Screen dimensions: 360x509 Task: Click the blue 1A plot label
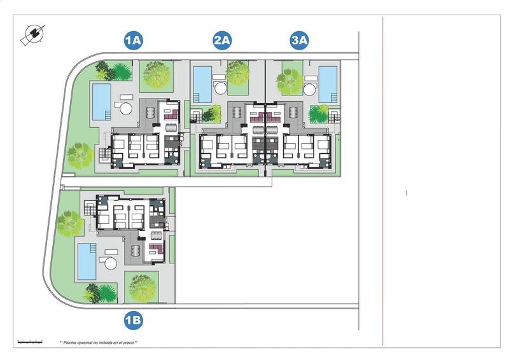click(x=132, y=41)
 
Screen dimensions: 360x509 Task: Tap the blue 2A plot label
click(x=222, y=41)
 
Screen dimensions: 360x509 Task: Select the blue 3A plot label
click(x=299, y=41)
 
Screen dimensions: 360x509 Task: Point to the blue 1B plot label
click(x=132, y=321)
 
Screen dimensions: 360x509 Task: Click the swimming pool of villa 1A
click(x=101, y=101)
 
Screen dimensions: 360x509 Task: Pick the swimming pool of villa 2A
click(x=202, y=84)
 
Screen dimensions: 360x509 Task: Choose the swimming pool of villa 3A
click(x=328, y=83)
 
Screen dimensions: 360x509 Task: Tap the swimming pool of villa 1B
click(x=87, y=261)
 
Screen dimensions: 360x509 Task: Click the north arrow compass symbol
click(x=32, y=35)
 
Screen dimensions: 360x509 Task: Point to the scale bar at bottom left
click(x=29, y=342)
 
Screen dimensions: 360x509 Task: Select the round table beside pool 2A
click(x=220, y=87)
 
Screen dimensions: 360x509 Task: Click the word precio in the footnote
click(x=127, y=342)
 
